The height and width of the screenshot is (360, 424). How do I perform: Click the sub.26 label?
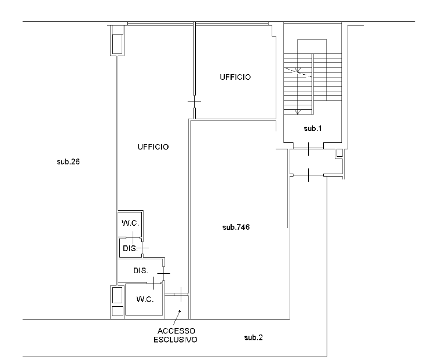pos(68,161)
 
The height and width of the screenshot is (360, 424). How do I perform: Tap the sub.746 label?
pos(236,227)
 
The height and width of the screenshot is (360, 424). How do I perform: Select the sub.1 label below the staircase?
pos(313,128)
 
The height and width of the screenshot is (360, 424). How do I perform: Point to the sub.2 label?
pos(253,337)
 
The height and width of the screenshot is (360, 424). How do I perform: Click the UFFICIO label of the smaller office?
pos(235,78)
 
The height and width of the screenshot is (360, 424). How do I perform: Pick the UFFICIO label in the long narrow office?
pos(153,147)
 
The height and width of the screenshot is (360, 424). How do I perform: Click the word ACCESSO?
pos(176,331)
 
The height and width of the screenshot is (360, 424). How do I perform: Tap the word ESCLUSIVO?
pos(176,340)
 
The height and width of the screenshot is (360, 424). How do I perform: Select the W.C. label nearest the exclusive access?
pos(145,299)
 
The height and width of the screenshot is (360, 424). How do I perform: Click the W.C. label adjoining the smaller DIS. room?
pos(130,223)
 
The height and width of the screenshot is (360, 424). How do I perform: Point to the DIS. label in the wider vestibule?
pos(141,270)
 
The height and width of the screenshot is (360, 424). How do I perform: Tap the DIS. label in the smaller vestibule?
pos(130,248)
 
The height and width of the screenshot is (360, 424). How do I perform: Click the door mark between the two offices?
pos(194,102)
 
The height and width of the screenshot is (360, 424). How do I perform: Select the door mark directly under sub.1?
pos(309,149)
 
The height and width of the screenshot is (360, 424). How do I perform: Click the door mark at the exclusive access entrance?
pos(181,295)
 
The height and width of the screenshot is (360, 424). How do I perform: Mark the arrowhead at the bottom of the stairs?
pos(298,112)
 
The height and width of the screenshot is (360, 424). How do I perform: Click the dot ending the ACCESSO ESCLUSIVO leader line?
pos(180,311)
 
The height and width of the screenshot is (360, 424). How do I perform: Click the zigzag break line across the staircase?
pos(298,72)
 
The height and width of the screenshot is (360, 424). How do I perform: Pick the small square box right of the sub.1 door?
pos(339,153)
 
